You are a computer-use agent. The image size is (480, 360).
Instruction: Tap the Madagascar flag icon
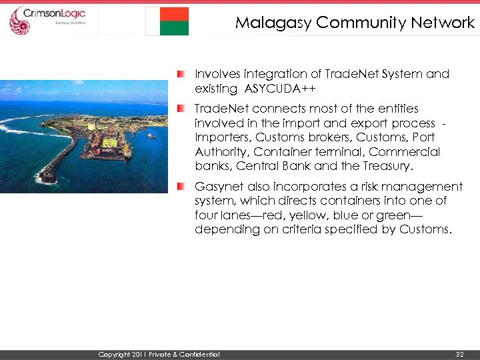tap(167, 21)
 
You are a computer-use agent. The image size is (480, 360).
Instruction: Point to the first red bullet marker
tap(181, 73)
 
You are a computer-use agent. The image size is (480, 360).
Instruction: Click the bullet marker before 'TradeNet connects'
tap(181, 107)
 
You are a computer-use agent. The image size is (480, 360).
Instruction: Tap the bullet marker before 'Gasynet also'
tap(181, 186)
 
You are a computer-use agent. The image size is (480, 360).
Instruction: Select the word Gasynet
tap(217, 187)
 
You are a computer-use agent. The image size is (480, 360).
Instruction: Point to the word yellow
tap(317, 215)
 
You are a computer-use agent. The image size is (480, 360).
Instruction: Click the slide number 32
tap(459, 354)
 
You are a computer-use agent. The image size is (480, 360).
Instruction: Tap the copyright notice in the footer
tap(159, 354)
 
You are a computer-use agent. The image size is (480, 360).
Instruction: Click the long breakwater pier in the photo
tap(59, 160)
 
